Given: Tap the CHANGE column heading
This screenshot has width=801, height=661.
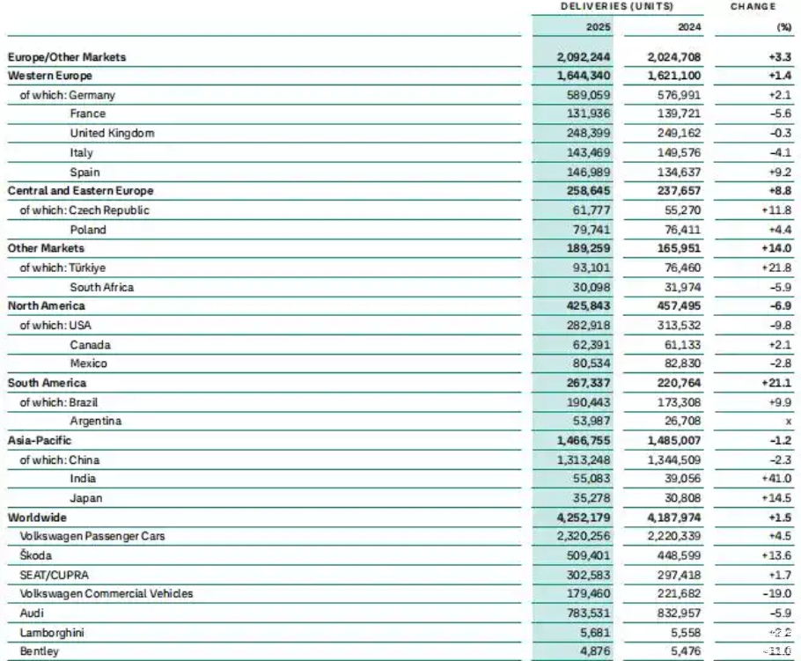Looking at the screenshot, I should coord(753,6).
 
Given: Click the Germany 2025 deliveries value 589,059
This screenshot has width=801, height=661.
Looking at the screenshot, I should coord(585,95).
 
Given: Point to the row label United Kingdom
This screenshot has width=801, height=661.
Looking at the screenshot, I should coord(112,133).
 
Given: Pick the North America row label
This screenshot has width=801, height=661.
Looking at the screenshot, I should coord(47,305).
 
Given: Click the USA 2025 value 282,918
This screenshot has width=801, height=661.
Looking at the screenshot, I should coord(585,325).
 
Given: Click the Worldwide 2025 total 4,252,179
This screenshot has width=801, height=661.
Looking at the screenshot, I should coord(582,518).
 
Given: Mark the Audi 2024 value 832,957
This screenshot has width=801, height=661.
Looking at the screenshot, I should coord(678,613).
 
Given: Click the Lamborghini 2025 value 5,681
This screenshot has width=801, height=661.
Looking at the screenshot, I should coord(594,632).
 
